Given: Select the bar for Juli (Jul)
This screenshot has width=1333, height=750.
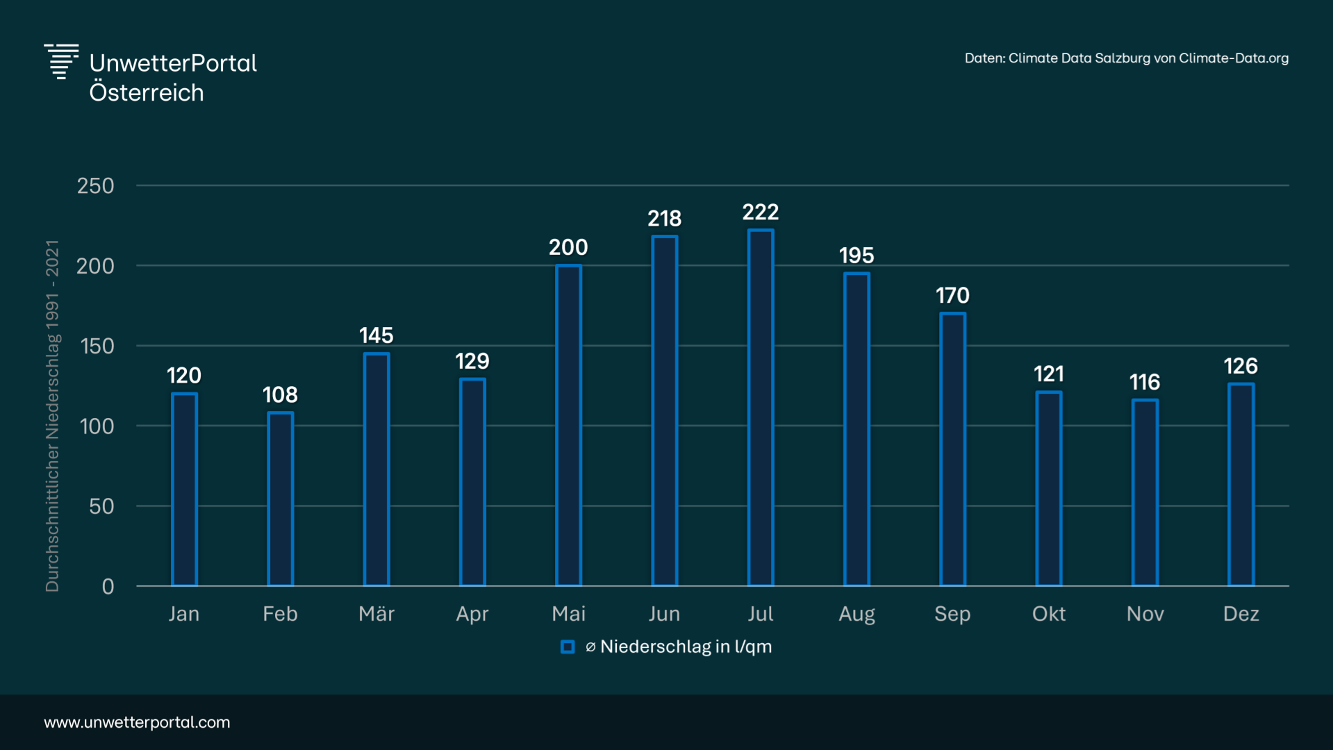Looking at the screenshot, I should [x=761, y=408].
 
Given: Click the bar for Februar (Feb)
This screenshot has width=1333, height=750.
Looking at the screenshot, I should [x=281, y=499].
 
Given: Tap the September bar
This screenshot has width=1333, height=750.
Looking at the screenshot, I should [x=952, y=449].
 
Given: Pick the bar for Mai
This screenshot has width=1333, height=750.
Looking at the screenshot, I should [x=568, y=425].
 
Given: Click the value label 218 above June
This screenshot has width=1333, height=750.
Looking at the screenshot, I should [x=665, y=219].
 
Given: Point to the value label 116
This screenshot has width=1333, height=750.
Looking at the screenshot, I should [x=1145, y=382].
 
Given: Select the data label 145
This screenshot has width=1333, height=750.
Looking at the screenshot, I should [x=376, y=335].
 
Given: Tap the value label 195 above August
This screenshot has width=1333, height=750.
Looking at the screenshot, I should [x=856, y=256].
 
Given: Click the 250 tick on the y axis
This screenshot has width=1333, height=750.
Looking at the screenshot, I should [x=96, y=186].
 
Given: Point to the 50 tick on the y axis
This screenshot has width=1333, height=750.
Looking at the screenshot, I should [x=101, y=506].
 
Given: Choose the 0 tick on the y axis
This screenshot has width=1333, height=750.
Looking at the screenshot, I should [x=108, y=587].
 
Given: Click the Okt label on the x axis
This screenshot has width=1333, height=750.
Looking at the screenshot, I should [x=1049, y=614].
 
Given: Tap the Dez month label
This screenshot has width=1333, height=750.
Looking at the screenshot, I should [x=1241, y=614].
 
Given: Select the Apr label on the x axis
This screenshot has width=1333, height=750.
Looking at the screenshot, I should [x=472, y=614].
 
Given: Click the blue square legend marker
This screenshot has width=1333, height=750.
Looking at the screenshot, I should [x=568, y=647].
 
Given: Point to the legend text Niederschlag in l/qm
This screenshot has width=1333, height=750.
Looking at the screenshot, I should [x=686, y=647].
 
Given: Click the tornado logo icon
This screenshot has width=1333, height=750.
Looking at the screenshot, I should [x=61, y=62].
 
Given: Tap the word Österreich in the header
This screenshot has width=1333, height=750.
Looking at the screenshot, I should [x=147, y=93].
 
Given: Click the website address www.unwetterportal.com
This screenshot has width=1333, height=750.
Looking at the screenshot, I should [x=137, y=722].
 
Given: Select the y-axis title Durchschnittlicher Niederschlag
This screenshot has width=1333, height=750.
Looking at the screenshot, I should [x=53, y=416].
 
